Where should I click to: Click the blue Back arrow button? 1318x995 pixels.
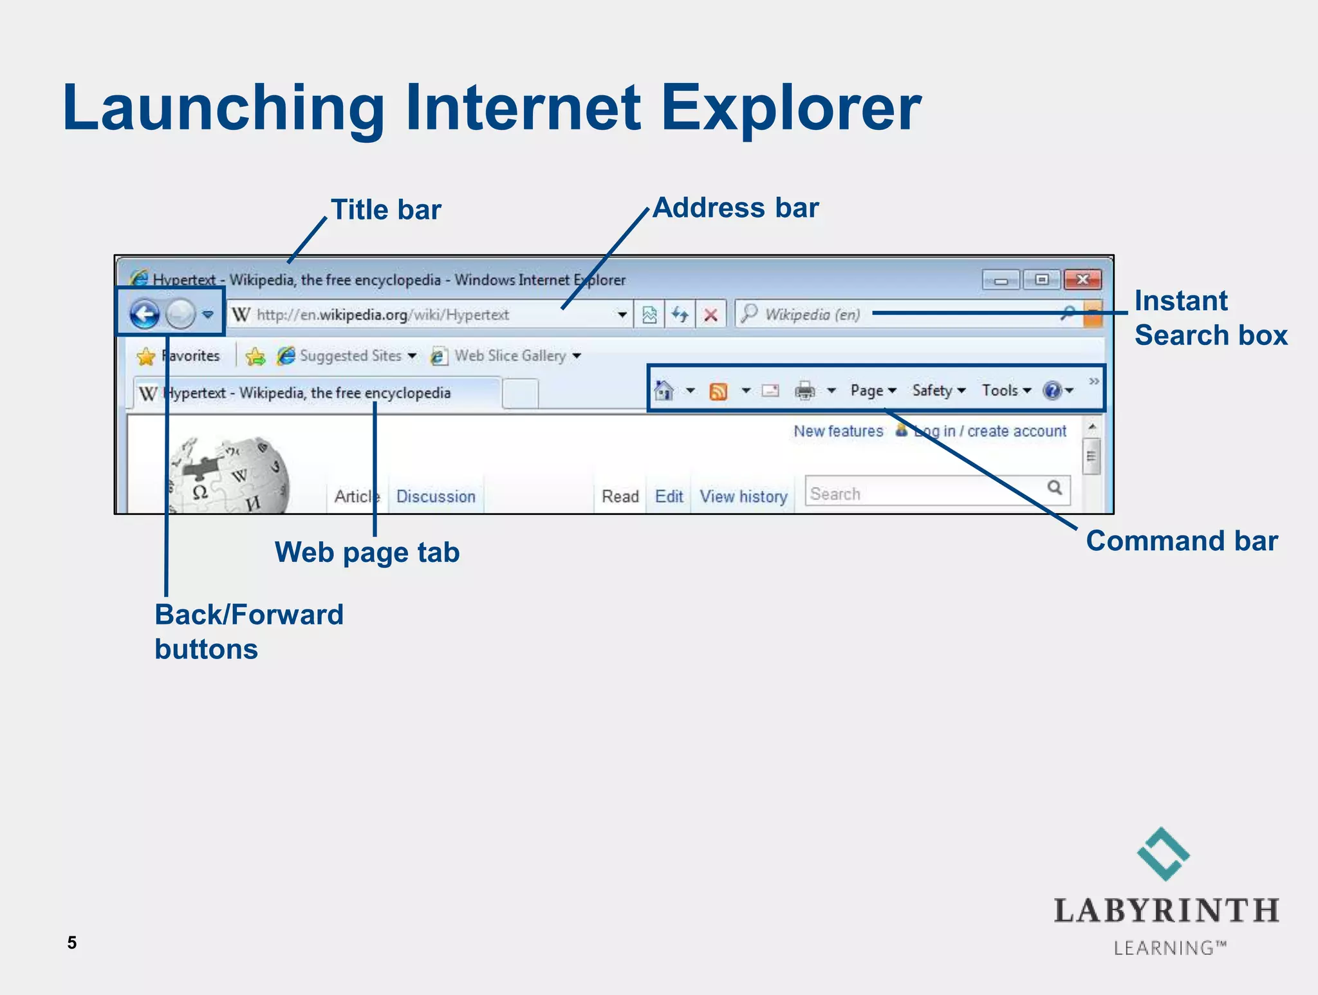pyautogui.click(x=144, y=315)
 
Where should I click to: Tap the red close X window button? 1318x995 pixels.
pyautogui.click(x=1082, y=280)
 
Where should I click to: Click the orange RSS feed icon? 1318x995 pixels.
pyautogui.click(x=718, y=391)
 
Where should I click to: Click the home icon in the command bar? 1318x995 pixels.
pyautogui.click(x=664, y=390)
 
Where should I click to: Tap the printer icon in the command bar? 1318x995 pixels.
pyautogui.click(x=804, y=391)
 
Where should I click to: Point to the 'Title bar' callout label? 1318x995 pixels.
pyautogui.click(x=385, y=210)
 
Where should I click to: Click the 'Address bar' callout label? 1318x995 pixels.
pyautogui.click(x=736, y=208)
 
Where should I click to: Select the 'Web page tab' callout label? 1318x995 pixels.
pyautogui.click(x=367, y=552)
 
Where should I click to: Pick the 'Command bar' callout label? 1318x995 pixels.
pyautogui.click(x=1182, y=541)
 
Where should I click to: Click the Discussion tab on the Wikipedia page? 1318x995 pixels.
pyautogui.click(x=436, y=496)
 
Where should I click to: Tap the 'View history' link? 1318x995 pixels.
pyautogui.click(x=743, y=496)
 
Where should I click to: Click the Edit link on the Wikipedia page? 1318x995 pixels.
pyautogui.click(x=669, y=496)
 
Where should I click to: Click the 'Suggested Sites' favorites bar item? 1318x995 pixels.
pyautogui.click(x=350, y=356)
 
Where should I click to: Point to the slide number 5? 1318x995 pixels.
pyautogui.click(x=72, y=943)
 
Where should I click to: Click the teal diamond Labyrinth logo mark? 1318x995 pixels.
pyautogui.click(x=1164, y=854)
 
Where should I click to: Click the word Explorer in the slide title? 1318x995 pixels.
pyautogui.click(x=791, y=108)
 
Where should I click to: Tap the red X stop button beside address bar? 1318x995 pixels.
pyautogui.click(x=710, y=315)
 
